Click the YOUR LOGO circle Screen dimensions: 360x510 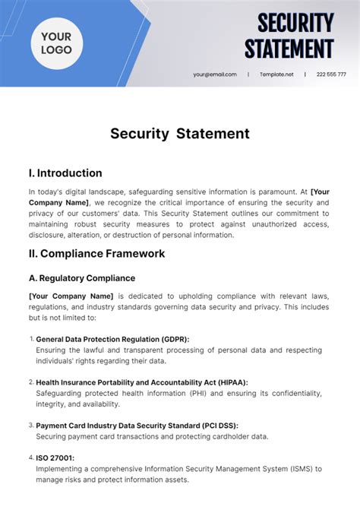(x=57, y=43)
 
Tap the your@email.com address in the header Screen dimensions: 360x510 (x=215, y=74)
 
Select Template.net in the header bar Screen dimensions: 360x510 (x=276, y=74)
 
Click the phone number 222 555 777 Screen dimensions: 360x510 (x=331, y=74)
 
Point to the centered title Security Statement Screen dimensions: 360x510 (x=180, y=134)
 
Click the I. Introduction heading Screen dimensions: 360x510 (x=65, y=173)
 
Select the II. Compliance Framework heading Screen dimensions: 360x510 (x=96, y=253)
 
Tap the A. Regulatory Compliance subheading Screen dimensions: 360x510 (x=82, y=278)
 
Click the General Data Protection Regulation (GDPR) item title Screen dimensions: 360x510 (x=112, y=339)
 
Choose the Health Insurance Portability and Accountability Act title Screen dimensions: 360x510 (x=142, y=382)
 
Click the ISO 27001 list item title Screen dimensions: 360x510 (x=55, y=458)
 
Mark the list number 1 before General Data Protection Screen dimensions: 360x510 (x=31, y=339)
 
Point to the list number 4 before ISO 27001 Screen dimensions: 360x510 (x=31, y=458)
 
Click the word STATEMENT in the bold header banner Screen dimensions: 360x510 (x=289, y=48)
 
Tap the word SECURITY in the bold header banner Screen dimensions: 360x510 (x=295, y=23)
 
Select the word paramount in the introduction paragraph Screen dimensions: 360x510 (x=276, y=192)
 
